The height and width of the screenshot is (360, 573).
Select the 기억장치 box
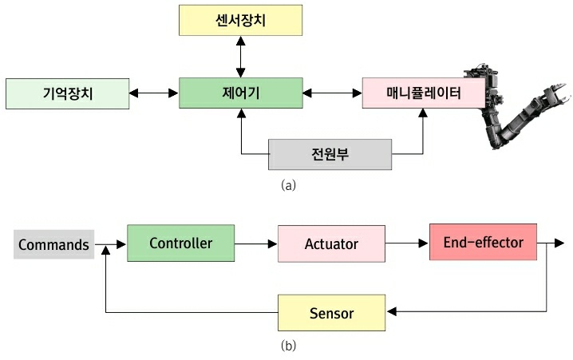66,93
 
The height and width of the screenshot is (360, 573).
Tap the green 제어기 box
241,93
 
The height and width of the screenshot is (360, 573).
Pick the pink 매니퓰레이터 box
423,93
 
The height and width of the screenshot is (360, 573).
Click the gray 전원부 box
330,153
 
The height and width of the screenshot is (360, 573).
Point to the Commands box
53,244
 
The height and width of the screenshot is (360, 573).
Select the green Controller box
181,243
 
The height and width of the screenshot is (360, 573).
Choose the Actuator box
331,243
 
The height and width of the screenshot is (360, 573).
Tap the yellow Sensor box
331,312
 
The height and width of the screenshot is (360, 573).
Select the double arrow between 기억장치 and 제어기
154,93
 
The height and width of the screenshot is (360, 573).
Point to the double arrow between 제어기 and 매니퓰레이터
333,93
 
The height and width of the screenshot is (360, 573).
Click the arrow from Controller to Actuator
256,243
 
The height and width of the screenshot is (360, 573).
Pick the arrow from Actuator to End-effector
407,243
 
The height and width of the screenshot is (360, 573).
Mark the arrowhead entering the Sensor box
391,312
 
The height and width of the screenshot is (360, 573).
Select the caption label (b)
289,346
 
